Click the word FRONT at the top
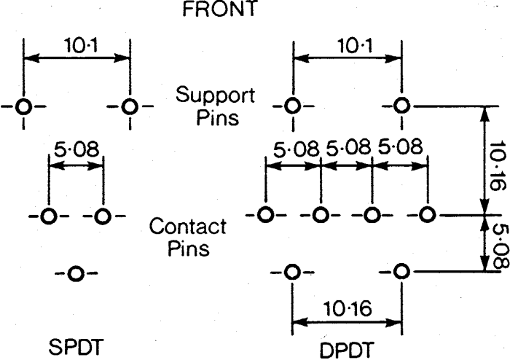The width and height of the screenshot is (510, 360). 220,8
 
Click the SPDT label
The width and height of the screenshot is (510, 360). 76,347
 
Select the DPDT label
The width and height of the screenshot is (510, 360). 346,351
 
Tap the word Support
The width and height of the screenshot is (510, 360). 216,95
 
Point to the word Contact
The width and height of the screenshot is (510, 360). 188,226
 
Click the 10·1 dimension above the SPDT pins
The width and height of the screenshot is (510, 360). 81,45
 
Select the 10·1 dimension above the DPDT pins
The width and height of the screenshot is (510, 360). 356,45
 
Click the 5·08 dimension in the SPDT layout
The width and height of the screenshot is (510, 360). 76,149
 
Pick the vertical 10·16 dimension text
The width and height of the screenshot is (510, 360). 498,166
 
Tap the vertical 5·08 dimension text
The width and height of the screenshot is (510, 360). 500,246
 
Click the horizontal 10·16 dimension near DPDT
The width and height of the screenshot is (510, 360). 348,308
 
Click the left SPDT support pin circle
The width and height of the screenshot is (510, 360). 23,106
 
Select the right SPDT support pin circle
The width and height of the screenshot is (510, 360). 130,106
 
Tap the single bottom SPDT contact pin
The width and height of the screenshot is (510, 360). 76,273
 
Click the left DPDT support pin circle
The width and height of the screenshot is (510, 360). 292,106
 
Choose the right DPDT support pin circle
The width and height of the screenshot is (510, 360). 401,106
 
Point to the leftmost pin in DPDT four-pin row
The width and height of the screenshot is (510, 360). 265,215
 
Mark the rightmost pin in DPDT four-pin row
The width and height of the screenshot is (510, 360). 427,215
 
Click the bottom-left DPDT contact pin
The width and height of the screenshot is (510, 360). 292,272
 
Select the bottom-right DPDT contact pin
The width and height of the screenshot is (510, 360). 401,271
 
